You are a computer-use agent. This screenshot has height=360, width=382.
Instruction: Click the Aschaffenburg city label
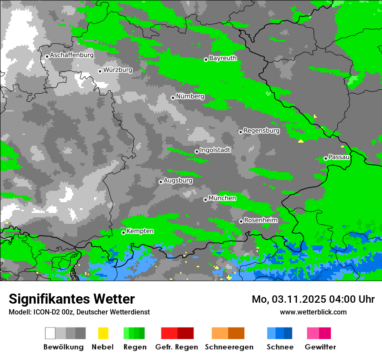(x=72, y=55)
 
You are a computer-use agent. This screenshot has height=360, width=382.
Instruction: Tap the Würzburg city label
(x=118, y=70)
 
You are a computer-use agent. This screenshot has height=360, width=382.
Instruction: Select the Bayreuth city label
(x=223, y=58)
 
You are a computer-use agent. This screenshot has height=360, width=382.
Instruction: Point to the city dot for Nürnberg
(x=173, y=98)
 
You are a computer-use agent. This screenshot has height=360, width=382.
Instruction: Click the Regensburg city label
(x=261, y=131)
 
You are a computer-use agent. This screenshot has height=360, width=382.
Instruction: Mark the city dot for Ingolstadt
(x=197, y=151)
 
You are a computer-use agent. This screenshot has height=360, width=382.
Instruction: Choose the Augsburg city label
(x=178, y=180)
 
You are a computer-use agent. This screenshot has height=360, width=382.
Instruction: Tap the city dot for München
(x=205, y=200)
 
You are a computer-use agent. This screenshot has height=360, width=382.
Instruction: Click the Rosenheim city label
(x=261, y=220)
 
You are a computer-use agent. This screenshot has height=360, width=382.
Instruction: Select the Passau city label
(x=339, y=157)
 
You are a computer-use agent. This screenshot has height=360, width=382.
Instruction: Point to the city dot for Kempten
(x=123, y=232)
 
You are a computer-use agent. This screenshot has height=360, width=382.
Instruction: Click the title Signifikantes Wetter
(x=72, y=299)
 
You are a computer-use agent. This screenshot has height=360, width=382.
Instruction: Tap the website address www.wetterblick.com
(x=313, y=312)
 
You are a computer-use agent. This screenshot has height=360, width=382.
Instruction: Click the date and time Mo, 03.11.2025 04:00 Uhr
(x=313, y=299)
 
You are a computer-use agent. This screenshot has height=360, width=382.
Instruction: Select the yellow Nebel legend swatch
(x=103, y=333)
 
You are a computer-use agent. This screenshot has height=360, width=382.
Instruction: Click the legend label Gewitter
(x=320, y=347)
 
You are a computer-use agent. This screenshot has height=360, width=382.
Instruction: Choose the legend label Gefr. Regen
(x=177, y=347)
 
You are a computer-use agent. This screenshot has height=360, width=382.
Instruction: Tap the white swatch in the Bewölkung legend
(x=50, y=333)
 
